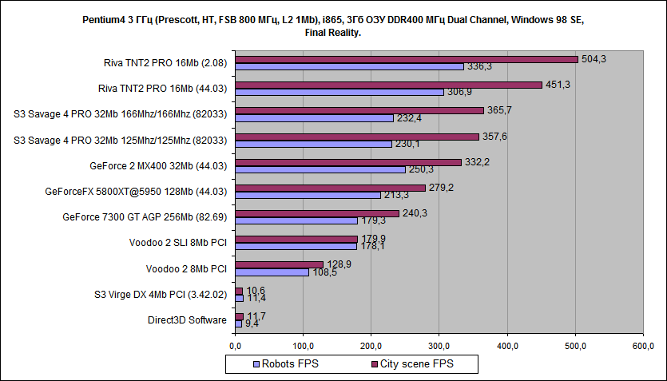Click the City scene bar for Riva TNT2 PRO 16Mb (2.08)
(x=407, y=59)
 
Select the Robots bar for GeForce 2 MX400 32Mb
(x=320, y=169)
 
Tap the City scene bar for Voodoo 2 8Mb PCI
(x=279, y=264)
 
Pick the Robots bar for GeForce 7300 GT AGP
(x=296, y=221)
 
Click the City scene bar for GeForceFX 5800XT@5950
(x=330, y=188)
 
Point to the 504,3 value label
(x=595, y=58)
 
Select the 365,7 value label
(x=500, y=110)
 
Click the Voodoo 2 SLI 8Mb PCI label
(x=178, y=243)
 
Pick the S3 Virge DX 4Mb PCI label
(x=161, y=295)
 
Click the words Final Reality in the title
(x=333, y=33)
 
